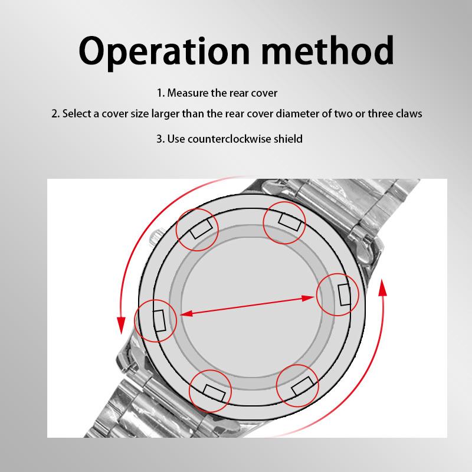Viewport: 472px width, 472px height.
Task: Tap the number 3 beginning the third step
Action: [x=159, y=139]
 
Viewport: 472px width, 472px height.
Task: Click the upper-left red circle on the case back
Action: [x=198, y=229]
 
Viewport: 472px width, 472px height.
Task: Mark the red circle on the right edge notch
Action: [x=338, y=294]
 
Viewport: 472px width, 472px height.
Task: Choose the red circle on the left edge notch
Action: [x=155, y=320]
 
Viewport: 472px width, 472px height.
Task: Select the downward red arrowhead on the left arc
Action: [x=122, y=324]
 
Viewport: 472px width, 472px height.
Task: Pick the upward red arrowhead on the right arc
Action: [x=382, y=289]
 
